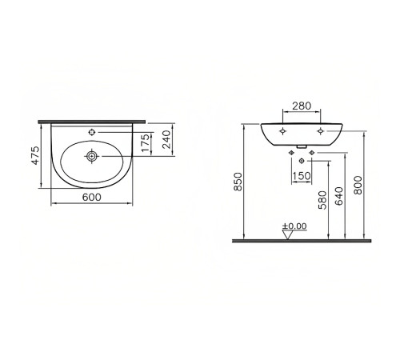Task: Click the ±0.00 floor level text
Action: tap(294, 226)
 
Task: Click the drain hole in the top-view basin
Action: tap(93, 157)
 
